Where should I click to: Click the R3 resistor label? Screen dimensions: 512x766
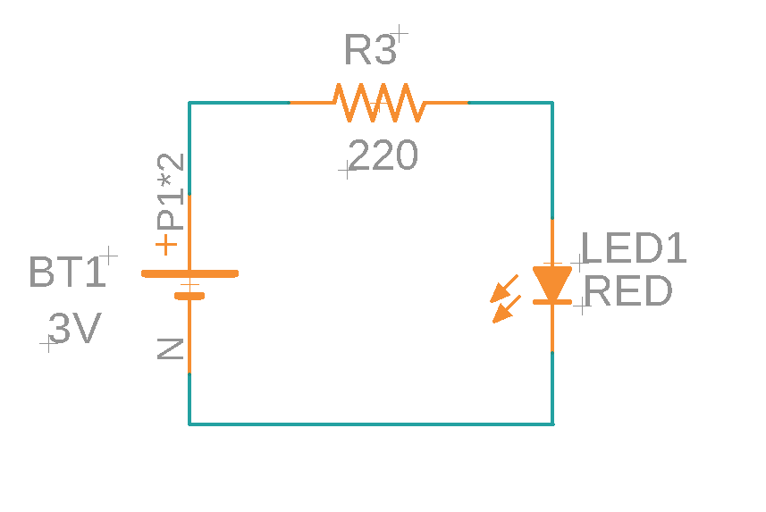(370, 52)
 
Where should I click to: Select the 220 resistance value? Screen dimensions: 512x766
(383, 157)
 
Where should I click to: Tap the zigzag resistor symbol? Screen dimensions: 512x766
(378, 103)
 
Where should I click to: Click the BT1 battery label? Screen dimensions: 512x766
(66, 273)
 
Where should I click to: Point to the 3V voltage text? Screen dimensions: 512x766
(74, 330)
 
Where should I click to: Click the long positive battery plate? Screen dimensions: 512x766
(189, 273)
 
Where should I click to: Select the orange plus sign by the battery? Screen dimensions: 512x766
(166, 244)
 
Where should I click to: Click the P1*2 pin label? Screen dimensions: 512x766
(171, 191)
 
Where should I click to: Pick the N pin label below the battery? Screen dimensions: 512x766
(170, 348)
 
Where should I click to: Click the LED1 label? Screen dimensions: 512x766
(635, 248)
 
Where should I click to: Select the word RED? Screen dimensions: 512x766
(628, 291)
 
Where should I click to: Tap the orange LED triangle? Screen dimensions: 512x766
(551, 282)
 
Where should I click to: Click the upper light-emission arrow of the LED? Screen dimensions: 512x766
(506, 288)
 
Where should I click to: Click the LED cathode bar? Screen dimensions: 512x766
(551, 302)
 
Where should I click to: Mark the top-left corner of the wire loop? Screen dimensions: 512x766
(189, 103)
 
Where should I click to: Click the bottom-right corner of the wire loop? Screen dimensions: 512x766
(552, 424)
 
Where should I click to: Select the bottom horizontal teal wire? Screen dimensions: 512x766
(371, 424)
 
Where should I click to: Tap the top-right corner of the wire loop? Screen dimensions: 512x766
(552, 103)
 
